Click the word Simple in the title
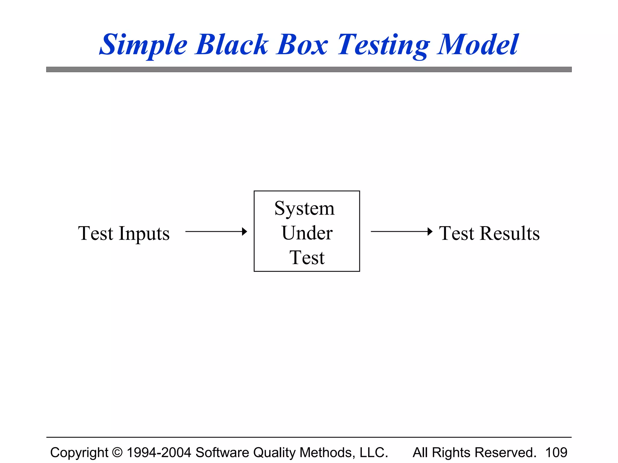pyautogui.click(x=143, y=45)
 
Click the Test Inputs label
pyautogui.click(x=124, y=234)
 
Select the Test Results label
pyautogui.click(x=489, y=234)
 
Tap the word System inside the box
pyautogui.click(x=304, y=209)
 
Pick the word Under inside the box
pyautogui.click(x=307, y=233)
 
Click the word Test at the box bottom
pyautogui.click(x=307, y=258)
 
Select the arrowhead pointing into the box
pyautogui.click(x=244, y=231)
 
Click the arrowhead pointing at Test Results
pyautogui.click(x=430, y=231)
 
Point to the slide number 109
pyautogui.click(x=556, y=452)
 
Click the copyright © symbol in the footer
pyautogui.click(x=117, y=452)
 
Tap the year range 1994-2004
pyautogui.click(x=159, y=452)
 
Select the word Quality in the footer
pyautogui.click(x=275, y=452)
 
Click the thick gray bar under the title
pyautogui.click(x=309, y=69)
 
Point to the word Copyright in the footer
pyautogui.click(x=79, y=452)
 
